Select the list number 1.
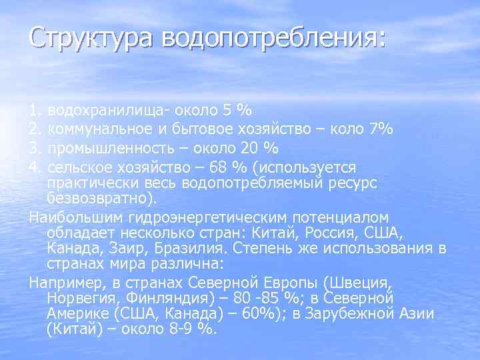[x=35, y=109]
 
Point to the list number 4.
[x=35, y=166]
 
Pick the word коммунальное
[x=98, y=128]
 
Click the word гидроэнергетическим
[x=201, y=217]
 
